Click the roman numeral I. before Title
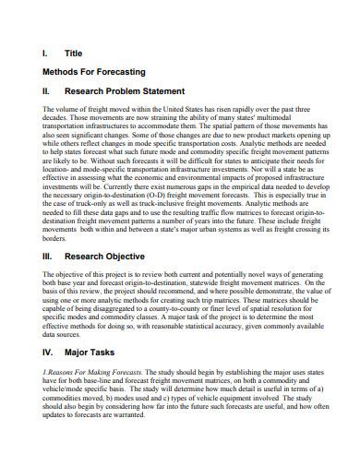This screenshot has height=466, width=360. pyautogui.click(x=46, y=54)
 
